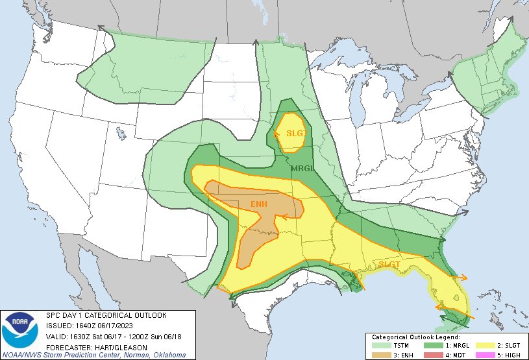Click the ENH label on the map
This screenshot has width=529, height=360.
259,205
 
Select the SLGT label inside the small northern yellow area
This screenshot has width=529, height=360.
295,134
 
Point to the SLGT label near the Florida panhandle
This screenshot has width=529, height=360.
389,264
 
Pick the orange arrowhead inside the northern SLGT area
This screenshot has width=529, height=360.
278,134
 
